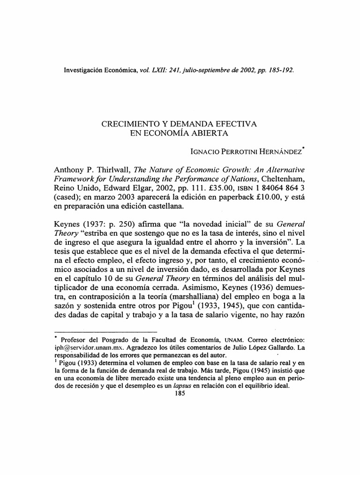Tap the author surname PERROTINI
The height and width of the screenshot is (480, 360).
236,151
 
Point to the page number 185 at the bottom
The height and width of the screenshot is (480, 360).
180,395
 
